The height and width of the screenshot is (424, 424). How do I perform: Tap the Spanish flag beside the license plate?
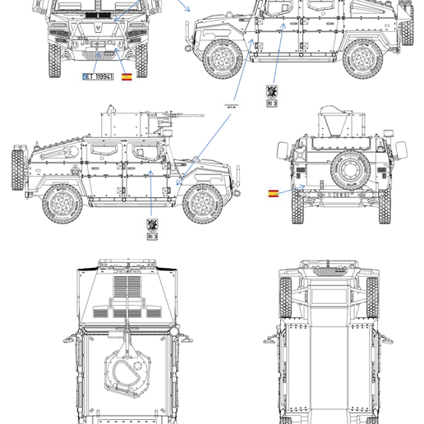click(x=127, y=76)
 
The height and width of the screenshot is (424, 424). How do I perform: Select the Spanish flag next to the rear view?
click(x=273, y=194)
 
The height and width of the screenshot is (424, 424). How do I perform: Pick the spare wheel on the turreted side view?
click(x=16, y=171)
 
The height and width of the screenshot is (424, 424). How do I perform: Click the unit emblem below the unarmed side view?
click(x=271, y=90)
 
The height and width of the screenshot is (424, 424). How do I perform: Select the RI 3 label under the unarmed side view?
click(x=271, y=104)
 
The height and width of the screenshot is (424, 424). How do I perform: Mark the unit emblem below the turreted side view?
click(x=152, y=224)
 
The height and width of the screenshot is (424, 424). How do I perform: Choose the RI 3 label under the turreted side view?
click(x=152, y=237)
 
